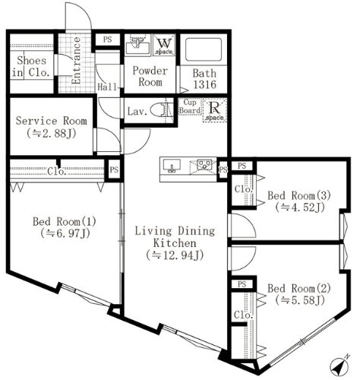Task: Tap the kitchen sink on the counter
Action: [x=171, y=165]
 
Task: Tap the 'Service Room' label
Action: [x=51, y=121]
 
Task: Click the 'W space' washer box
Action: [x=164, y=45]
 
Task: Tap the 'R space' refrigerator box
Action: [x=215, y=110]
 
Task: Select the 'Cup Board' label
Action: [x=188, y=109]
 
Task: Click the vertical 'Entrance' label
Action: [x=76, y=65]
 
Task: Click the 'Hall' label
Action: [x=109, y=87]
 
